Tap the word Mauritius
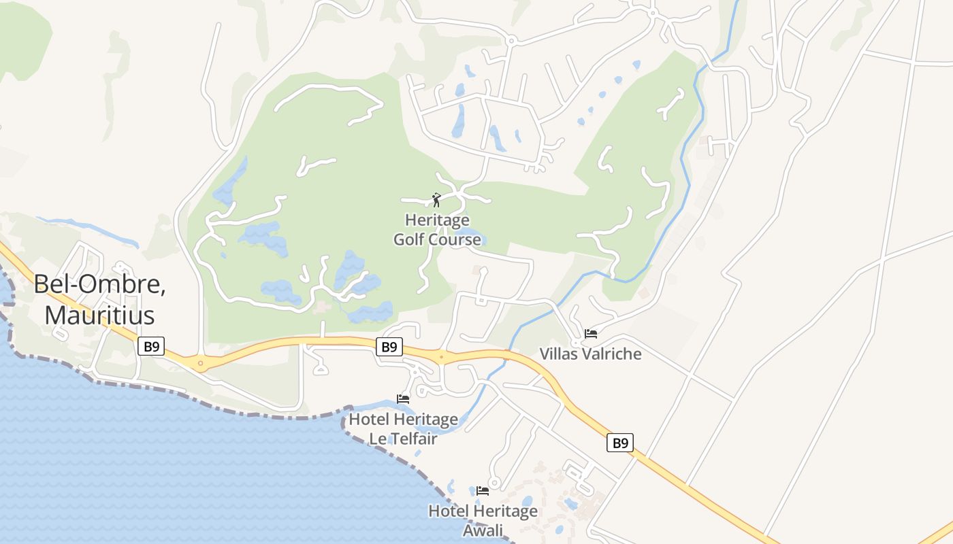(99, 316)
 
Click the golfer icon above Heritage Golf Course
(436, 200)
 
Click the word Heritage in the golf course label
(437, 220)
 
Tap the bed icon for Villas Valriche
(591, 334)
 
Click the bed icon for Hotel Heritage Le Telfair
(403, 399)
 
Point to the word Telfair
(413, 439)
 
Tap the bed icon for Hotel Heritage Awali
(483, 490)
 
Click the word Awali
(483, 530)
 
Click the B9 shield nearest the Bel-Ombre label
(151, 347)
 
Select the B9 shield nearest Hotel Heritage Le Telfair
(389, 347)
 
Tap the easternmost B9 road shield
(620, 443)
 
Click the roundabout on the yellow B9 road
(201, 363)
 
